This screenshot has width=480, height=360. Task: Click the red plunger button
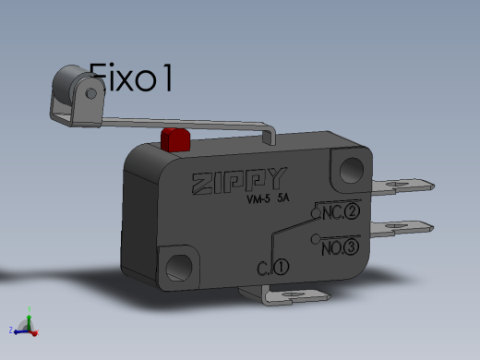pos(175,140)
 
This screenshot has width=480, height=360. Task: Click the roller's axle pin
pos(91,93)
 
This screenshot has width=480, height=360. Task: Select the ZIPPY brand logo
pos(240,181)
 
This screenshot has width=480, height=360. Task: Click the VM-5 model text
pos(258,199)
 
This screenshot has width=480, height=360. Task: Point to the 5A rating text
pos(283,198)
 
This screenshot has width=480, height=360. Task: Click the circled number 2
pos(352,211)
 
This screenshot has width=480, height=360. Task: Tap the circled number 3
pos(351,247)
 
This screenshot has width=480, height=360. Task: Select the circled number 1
pos(281,267)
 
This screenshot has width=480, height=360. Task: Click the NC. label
pos(332,213)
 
